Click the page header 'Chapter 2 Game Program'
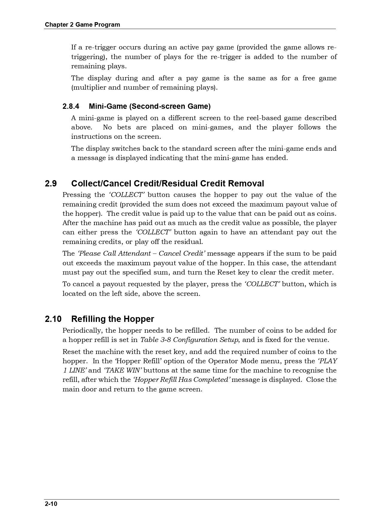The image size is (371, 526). click(82, 25)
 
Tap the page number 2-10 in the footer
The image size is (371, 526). click(51, 504)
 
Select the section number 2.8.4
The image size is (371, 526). click(71, 106)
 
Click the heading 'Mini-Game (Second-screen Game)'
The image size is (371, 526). click(150, 106)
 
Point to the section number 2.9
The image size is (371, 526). click(51, 183)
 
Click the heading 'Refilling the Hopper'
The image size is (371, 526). click(112, 319)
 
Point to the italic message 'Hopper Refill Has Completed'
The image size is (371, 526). click(182, 380)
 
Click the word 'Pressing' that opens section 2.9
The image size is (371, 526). click(77, 195)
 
